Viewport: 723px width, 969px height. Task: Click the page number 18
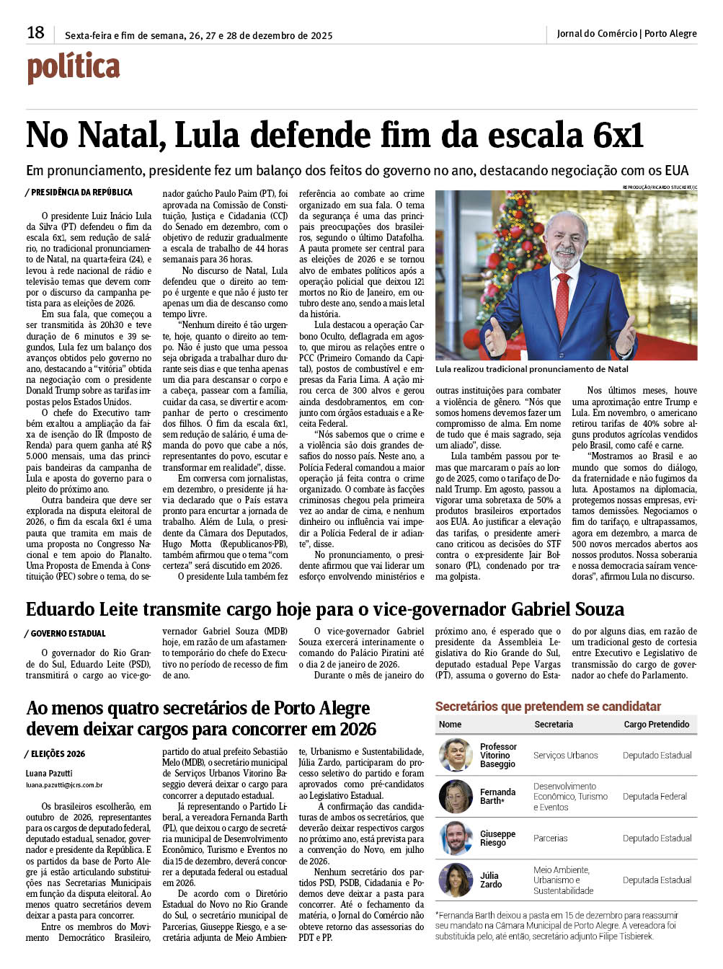tap(35, 32)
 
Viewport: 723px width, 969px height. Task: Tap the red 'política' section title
tap(74, 68)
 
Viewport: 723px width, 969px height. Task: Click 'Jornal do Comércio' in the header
tap(597, 33)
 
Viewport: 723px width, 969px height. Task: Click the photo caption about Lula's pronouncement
tap(531, 369)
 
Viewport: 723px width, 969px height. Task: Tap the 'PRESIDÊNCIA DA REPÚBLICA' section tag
tap(81, 193)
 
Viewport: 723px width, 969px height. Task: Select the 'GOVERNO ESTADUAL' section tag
tap(68, 634)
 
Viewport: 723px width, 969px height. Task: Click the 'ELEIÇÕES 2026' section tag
tap(58, 754)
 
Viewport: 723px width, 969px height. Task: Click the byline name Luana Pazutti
tap(46, 774)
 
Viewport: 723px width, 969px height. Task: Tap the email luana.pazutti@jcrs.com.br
tap(64, 785)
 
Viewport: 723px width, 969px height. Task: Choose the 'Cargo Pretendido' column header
tap(656, 725)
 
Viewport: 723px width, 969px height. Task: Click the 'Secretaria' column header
tap(554, 725)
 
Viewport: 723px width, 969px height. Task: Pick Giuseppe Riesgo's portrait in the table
tap(456, 839)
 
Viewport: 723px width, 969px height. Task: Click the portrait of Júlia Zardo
tap(456, 880)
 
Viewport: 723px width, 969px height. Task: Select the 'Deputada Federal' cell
tap(655, 797)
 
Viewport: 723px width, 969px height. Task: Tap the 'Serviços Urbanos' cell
tap(565, 756)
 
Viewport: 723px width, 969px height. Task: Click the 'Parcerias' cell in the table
tap(550, 839)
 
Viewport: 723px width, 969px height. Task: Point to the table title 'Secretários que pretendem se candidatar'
tap(548, 707)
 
